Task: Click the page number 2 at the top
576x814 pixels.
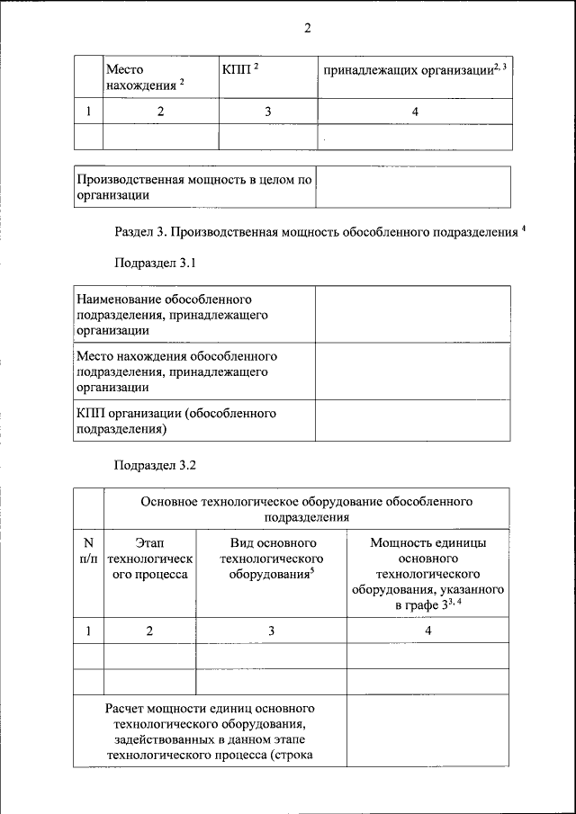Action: [x=307, y=28]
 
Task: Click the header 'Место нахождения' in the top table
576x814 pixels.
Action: [x=144, y=76]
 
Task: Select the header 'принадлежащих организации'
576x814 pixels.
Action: [x=414, y=70]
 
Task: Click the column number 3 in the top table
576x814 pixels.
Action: [x=267, y=112]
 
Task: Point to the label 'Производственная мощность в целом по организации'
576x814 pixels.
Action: [x=193, y=187]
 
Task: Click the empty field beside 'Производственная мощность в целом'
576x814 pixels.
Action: [x=413, y=187]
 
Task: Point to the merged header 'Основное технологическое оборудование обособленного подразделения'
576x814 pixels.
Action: [x=307, y=509]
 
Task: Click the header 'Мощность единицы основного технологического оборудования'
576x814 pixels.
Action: [x=428, y=575]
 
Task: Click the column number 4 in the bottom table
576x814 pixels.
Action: [x=428, y=631]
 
